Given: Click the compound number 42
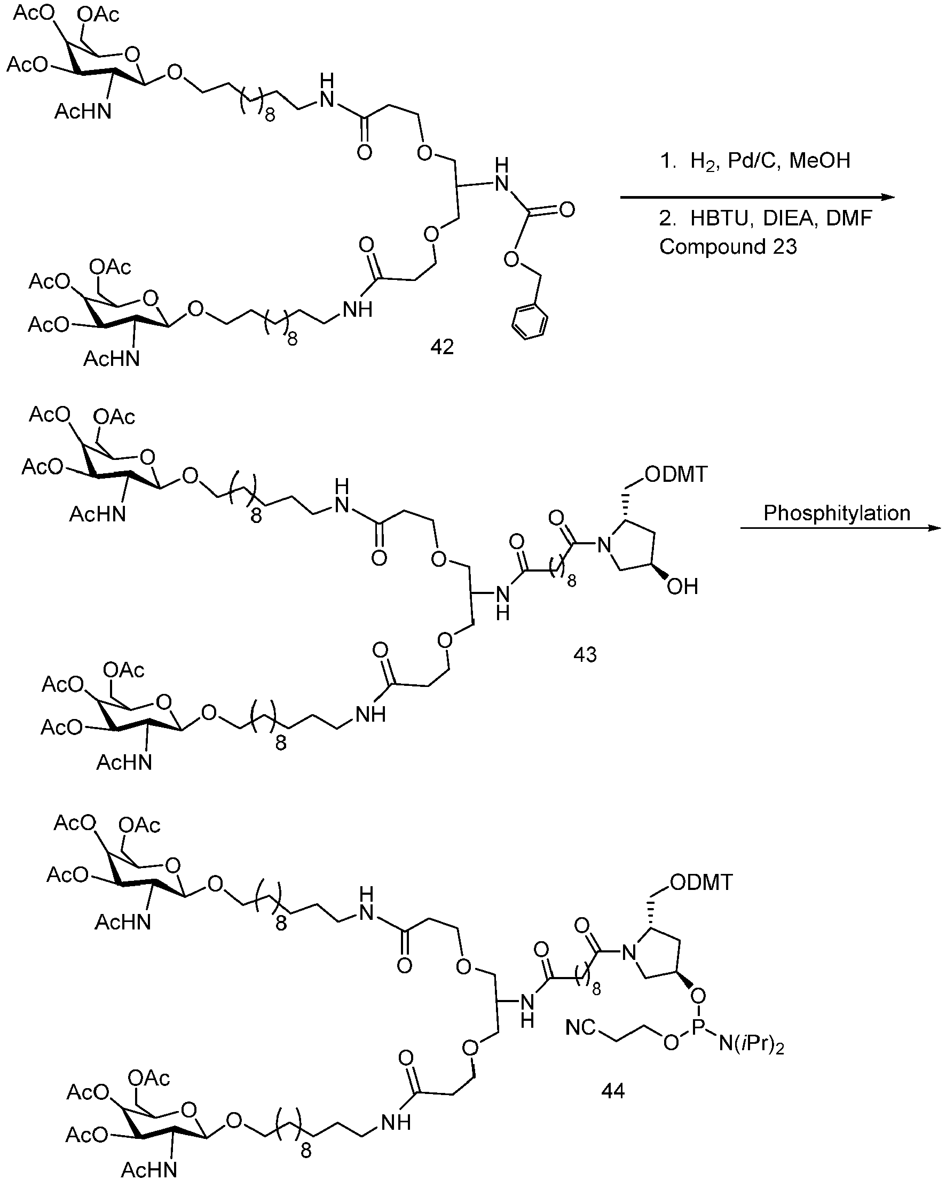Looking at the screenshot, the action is (x=442, y=347).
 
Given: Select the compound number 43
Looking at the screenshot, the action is (x=585, y=654).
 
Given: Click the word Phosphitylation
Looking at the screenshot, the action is (x=837, y=513).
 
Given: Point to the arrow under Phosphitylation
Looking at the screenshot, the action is (x=840, y=528).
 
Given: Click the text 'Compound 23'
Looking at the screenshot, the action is (x=728, y=247).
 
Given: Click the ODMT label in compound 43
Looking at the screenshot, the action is (x=676, y=474).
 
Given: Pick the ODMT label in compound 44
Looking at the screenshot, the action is (x=701, y=882).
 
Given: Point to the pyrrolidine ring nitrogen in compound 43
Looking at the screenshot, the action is (x=603, y=544).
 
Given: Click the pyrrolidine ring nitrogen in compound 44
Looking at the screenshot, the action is (x=629, y=954).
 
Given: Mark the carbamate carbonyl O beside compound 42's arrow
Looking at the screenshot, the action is (x=567, y=209).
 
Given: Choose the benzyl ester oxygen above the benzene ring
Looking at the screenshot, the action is (x=511, y=259).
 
